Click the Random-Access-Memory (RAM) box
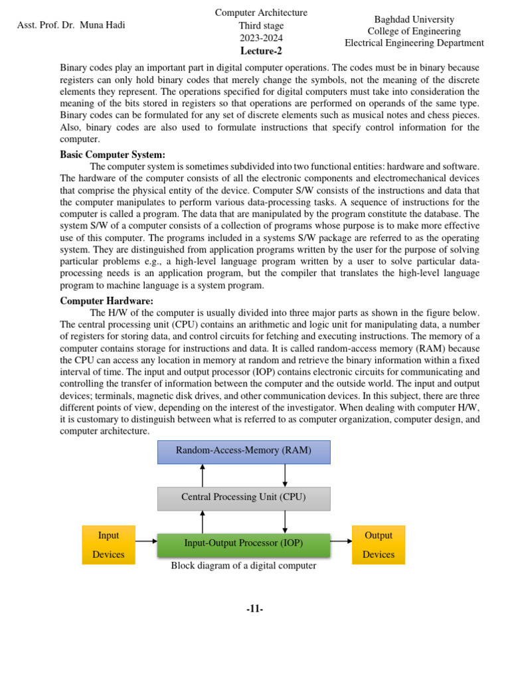(x=243, y=452)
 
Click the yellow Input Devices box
(x=108, y=545)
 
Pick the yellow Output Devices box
(x=378, y=545)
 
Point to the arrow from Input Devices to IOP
(x=146, y=541)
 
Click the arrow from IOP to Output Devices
(x=341, y=541)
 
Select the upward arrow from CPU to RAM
(x=203, y=475)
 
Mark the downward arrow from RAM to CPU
(x=285, y=475)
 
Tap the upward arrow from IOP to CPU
(x=203, y=522)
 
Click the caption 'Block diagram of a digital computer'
(x=243, y=566)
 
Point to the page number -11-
(x=254, y=609)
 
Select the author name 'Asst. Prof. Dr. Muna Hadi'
(x=71, y=25)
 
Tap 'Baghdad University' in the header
(x=414, y=20)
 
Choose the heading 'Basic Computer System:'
(x=112, y=155)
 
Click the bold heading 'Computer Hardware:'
(x=106, y=301)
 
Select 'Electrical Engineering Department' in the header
(x=414, y=43)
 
